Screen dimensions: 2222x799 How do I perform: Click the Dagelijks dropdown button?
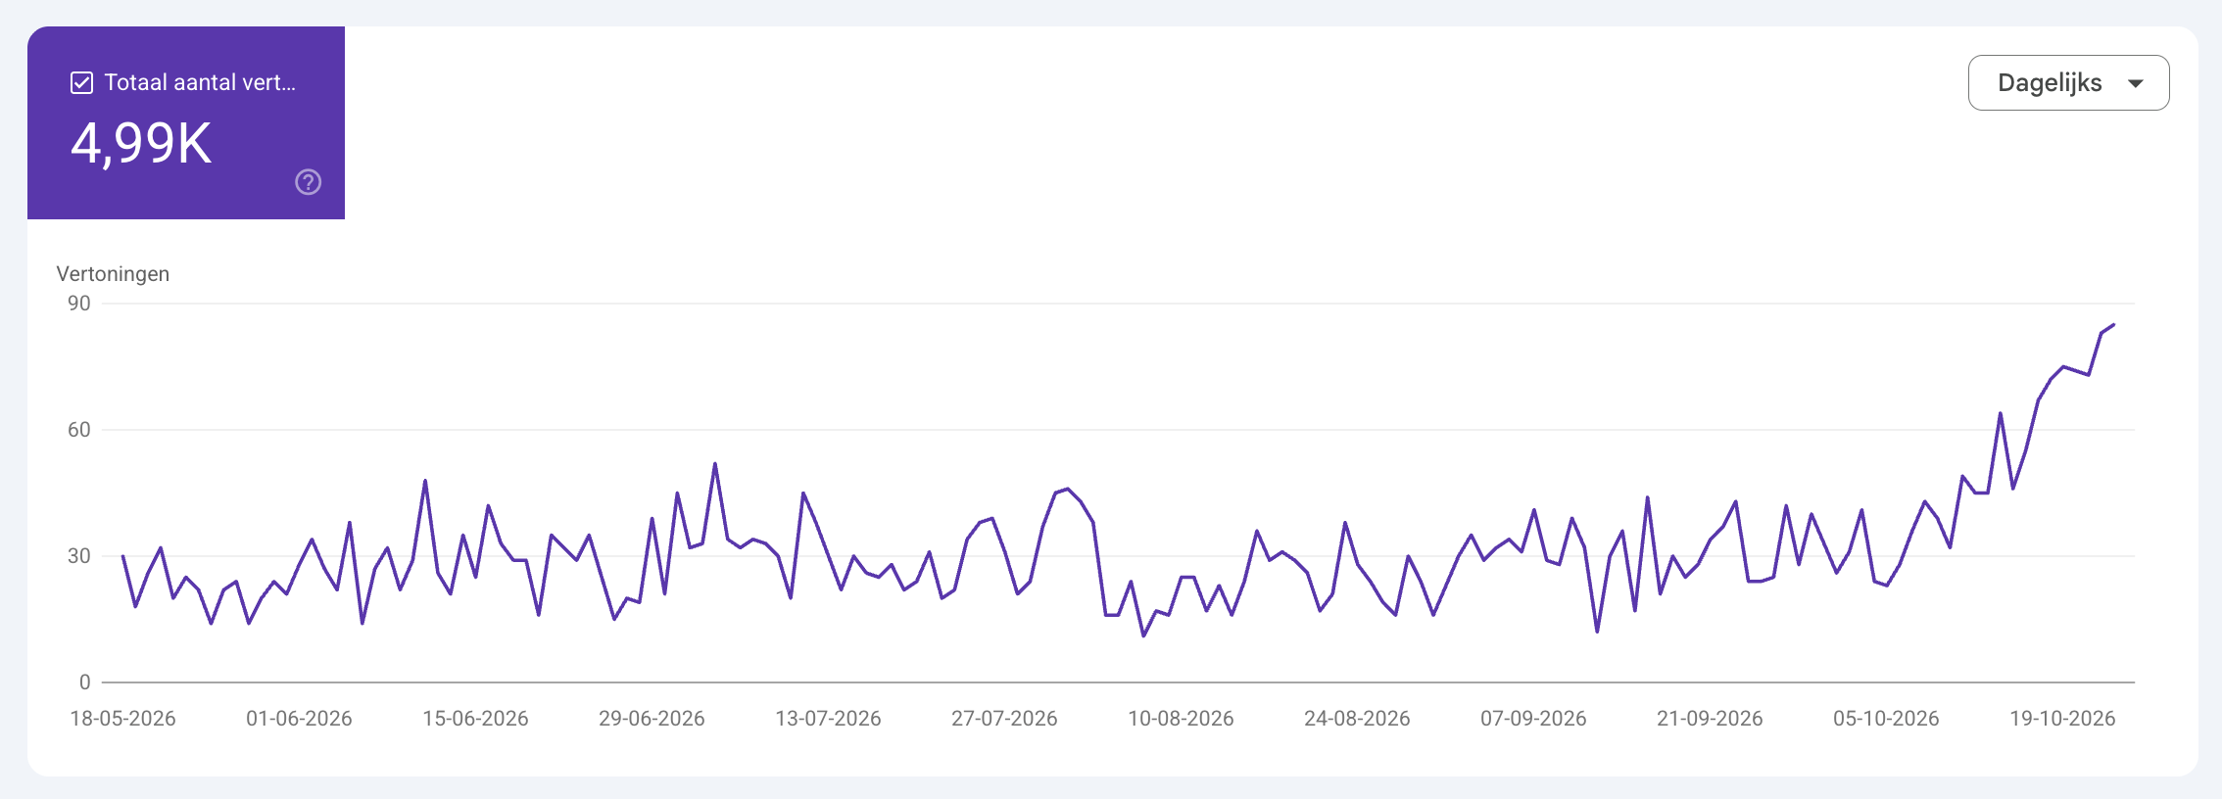(x=2068, y=83)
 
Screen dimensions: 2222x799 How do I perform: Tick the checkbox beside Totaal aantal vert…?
(x=82, y=83)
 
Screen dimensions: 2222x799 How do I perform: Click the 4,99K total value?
(x=141, y=143)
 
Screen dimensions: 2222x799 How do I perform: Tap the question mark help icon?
(x=309, y=182)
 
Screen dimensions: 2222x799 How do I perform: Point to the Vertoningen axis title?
(x=113, y=274)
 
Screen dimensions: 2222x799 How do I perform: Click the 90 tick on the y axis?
(x=79, y=304)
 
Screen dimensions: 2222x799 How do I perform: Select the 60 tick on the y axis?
(x=79, y=430)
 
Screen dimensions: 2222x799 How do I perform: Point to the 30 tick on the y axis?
(x=79, y=556)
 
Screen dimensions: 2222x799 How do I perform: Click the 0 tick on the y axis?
(x=85, y=682)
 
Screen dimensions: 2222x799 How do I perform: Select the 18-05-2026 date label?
(x=122, y=719)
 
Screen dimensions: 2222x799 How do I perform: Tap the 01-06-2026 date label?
(x=299, y=719)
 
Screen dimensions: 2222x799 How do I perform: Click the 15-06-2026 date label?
(x=475, y=719)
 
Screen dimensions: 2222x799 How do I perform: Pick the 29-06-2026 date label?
(x=652, y=719)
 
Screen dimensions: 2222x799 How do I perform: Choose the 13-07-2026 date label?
(x=828, y=719)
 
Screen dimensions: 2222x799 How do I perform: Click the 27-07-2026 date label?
(x=1004, y=719)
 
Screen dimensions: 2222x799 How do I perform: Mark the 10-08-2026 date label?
(x=1181, y=719)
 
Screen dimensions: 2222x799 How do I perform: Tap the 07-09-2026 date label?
(x=1533, y=719)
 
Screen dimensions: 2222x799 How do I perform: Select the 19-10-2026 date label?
(x=2062, y=719)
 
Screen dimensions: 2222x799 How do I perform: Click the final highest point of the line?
(x=2113, y=325)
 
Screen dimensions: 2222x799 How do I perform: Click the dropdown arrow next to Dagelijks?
(x=2136, y=84)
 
